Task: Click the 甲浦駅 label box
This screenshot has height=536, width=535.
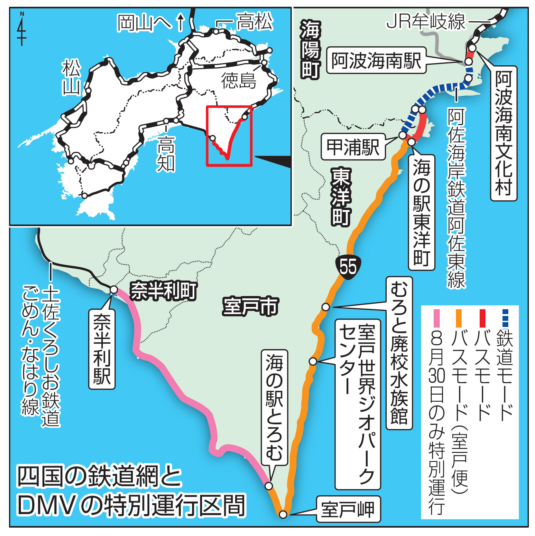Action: pyautogui.click(x=353, y=147)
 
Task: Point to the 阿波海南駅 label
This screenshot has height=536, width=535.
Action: pyautogui.click(x=376, y=60)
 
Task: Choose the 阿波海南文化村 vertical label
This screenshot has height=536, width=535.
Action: pyautogui.click(x=503, y=133)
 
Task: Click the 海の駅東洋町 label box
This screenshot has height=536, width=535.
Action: pyautogui.click(x=421, y=212)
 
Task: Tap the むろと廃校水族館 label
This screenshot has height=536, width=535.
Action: pyautogui.click(x=399, y=353)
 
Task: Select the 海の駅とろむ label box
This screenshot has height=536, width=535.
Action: pyautogui.click(x=274, y=407)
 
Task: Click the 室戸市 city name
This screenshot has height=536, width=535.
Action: pyautogui.click(x=250, y=306)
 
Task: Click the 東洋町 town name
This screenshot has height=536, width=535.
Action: pyautogui.click(x=341, y=196)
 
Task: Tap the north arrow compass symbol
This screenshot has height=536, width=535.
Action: pyautogui.click(x=22, y=29)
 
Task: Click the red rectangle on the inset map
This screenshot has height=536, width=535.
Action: pyautogui.click(x=229, y=136)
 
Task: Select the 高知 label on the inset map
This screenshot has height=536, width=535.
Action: pyautogui.click(x=166, y=154)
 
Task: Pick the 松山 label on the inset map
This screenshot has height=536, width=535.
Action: pyautogui.click(x=71, y=77)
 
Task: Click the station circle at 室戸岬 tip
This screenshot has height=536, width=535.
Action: pyautogui.click(x=283, y=514)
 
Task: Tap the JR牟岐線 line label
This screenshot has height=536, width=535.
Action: pyautogui.click(x=426, y=22)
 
